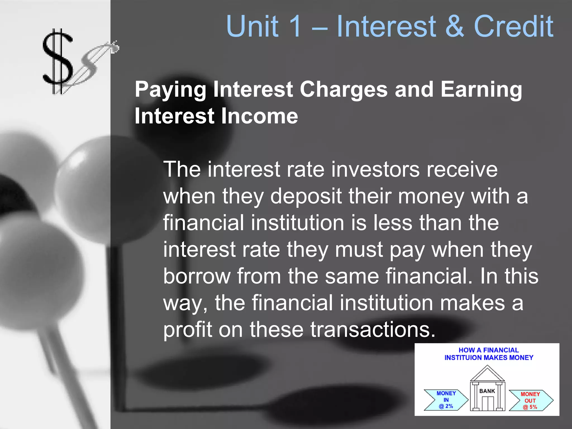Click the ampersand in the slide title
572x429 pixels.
(454, 26)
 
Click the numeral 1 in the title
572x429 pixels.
(295, 26)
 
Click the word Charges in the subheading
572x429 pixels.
(344, 89)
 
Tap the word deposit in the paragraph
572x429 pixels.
(306, 196)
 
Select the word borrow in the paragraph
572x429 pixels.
(197, 276)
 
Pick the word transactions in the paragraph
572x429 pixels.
(373, 330)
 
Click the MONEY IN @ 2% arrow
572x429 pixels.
(446, 400)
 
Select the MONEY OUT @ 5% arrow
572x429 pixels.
(530, 401)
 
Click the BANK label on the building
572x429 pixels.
(487, 391)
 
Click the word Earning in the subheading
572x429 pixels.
(481, 89)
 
